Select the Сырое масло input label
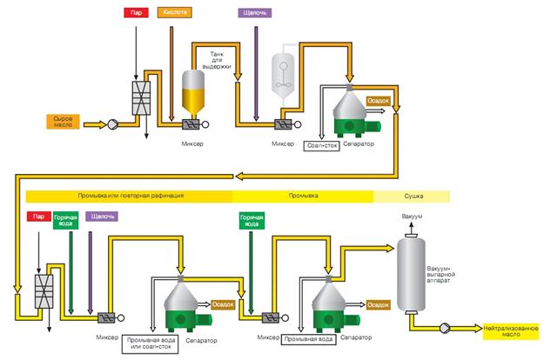[64, 121]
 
